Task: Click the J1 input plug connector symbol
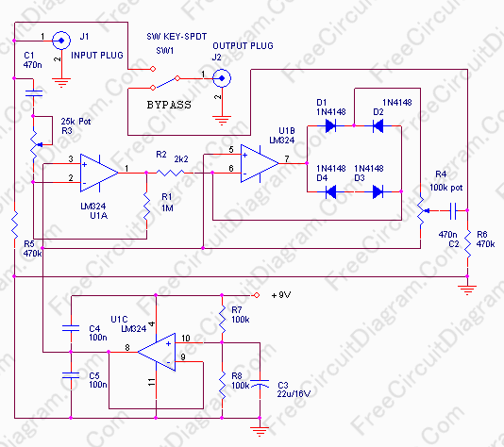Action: click(61, 41)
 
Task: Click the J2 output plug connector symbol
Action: click(222, 78)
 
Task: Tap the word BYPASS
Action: click(169, 105)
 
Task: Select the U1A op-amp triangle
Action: click(99, 173)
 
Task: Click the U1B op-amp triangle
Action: click(260, 163)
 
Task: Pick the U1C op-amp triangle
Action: click(157, 353)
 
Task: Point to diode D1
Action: click(330, 125)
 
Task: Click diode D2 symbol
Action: click(378, 125)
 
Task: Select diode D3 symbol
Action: click(378, 191)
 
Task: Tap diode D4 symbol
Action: click(330, 191)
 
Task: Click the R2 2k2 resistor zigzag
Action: click(170, 173)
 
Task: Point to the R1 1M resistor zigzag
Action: click(147, 206)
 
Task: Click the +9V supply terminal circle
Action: click(257, 295)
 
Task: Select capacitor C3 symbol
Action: click(260, 384)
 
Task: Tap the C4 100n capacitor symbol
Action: click(71, 328)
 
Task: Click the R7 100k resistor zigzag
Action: click(222, 319)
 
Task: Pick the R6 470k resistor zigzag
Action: click(468, 243)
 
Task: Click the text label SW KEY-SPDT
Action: click(176, 36)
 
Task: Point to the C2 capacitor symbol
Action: click(453, 210)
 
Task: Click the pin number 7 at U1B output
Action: click(287, 158)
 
